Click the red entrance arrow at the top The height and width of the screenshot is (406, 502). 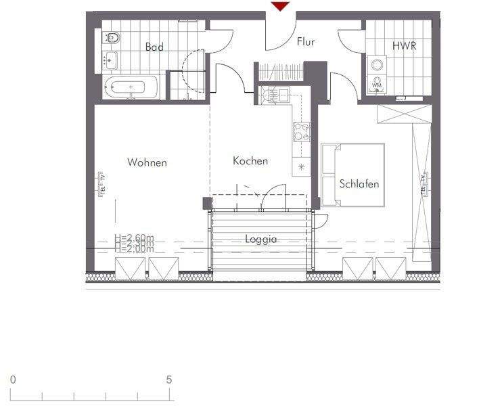click(x=280, y=6)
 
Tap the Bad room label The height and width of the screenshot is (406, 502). click(x=154, y=47)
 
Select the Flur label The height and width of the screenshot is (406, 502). click(x=306, y=42)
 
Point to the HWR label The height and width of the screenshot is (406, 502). click(x=403, y=47)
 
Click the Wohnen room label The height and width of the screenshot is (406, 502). click(x=147, y=162)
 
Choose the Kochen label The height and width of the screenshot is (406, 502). click(x=250, y=161)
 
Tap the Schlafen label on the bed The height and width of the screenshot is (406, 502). click(x=359, y=184)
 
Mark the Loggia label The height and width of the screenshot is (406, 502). click(x=261, y=240)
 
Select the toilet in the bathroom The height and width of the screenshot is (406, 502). click(x=113, y=38)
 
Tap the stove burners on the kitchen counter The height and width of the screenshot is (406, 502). click(x=301, y=131)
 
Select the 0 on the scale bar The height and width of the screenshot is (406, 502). click(x=13, y=380)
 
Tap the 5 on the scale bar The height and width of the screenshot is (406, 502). click(x=168, y=380)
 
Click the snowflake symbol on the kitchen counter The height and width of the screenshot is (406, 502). click(x=301, y=166)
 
